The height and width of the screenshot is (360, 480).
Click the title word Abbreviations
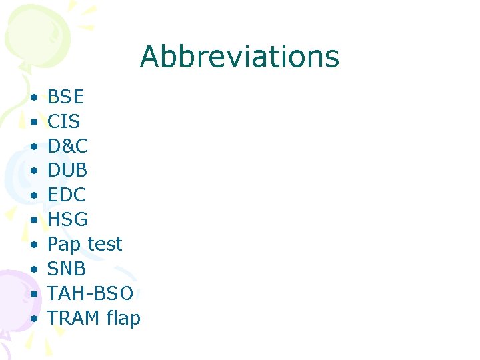[239, 57]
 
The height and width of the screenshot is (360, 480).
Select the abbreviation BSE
[66, 97]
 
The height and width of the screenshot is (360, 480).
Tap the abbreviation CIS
[64, 122]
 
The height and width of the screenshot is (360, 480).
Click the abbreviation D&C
[67, 146]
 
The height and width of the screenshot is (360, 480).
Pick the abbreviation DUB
[67, 171]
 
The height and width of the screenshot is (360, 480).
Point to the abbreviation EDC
[67, 195]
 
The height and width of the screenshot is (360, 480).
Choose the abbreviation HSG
[67, 220]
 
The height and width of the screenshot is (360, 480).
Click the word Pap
[64, 245]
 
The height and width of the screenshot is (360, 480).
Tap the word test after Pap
[103, 245]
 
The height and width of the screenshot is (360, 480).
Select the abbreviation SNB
[67, 269]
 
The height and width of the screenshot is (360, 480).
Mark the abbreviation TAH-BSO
[91, 293]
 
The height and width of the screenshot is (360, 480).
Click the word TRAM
[74, 318]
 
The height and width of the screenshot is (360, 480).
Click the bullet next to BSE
[33, 98]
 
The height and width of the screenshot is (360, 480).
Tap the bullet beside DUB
[33, 171]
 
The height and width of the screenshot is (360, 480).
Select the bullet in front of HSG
[33, 221]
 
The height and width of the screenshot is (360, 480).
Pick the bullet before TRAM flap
[33, 319]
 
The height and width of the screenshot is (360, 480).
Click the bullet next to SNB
[33, 269]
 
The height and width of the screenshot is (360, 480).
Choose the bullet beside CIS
[33, 123]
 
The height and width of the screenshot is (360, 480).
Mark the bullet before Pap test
[33, 245]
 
